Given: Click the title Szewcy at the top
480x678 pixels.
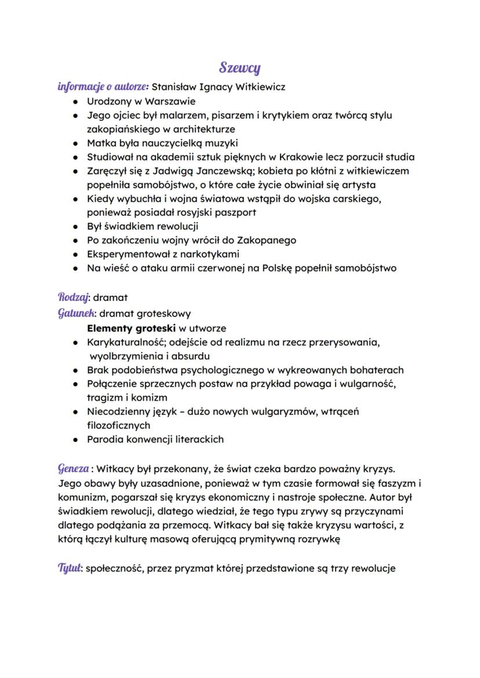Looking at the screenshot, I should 240,68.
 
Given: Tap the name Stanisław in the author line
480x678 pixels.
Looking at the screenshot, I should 176,87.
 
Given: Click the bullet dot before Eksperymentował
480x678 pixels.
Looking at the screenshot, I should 76,254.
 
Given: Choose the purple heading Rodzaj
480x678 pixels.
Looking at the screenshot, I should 73,297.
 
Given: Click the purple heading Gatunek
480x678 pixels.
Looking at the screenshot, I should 76,313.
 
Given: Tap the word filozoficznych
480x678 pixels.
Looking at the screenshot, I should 118,425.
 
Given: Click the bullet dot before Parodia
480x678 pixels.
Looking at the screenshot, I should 76,439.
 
